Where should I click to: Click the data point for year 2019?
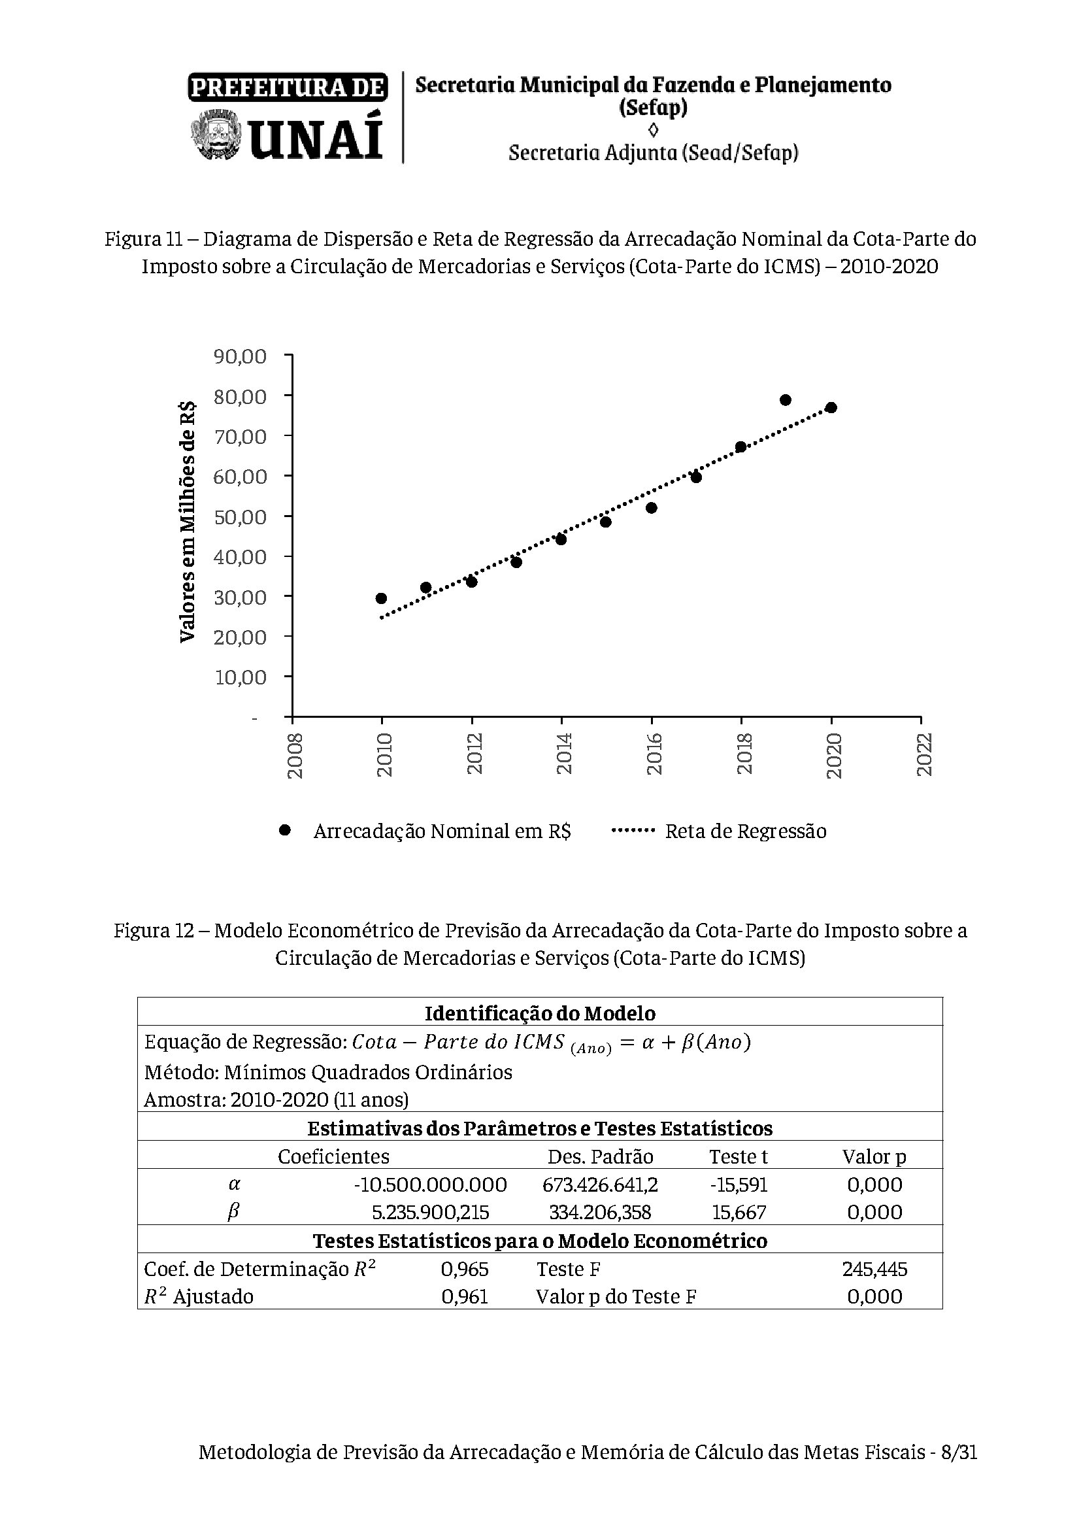(x=786, y=400)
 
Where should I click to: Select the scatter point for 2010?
(x=382, y=598)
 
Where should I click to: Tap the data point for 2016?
(x=652, y=508)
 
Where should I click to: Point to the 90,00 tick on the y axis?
(x=240, y=356)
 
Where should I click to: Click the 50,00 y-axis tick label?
(x=240, y=517)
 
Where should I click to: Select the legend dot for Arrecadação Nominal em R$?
(x=286, y=830)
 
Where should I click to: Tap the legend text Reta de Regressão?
(x=746, y=831)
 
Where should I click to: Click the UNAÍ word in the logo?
(x=317, y=138)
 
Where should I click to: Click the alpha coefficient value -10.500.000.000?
(x=431, y=1184)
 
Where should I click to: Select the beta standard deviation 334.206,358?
(x=600, y=1211)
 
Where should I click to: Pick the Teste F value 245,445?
(x=874, y=1269)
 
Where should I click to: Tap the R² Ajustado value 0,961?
(x=465, y=1296)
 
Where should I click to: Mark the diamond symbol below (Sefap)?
(x=653, y=129)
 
